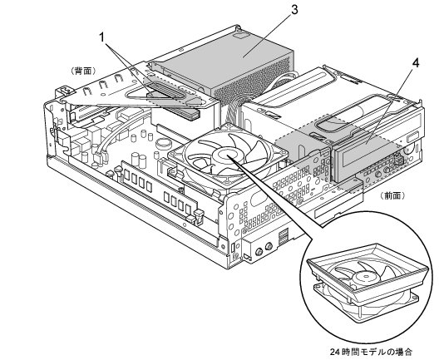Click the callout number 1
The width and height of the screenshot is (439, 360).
point(103,37)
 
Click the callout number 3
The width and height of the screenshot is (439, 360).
point(294,10)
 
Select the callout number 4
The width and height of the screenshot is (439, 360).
point(416,63)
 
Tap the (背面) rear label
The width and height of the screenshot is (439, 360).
point(83,72)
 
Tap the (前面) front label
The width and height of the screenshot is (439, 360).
point(392,195)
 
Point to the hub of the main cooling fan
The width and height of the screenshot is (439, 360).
point(226,155)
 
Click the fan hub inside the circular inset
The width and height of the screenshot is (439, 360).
point(366,277)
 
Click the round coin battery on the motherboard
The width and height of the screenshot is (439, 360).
point(164,144)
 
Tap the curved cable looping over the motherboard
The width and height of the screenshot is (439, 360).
point(116,135)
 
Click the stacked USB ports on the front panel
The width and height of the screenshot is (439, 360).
point(284,236)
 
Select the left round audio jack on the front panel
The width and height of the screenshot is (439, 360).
point(259,252)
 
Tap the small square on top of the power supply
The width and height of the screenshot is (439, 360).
point(241,36)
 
